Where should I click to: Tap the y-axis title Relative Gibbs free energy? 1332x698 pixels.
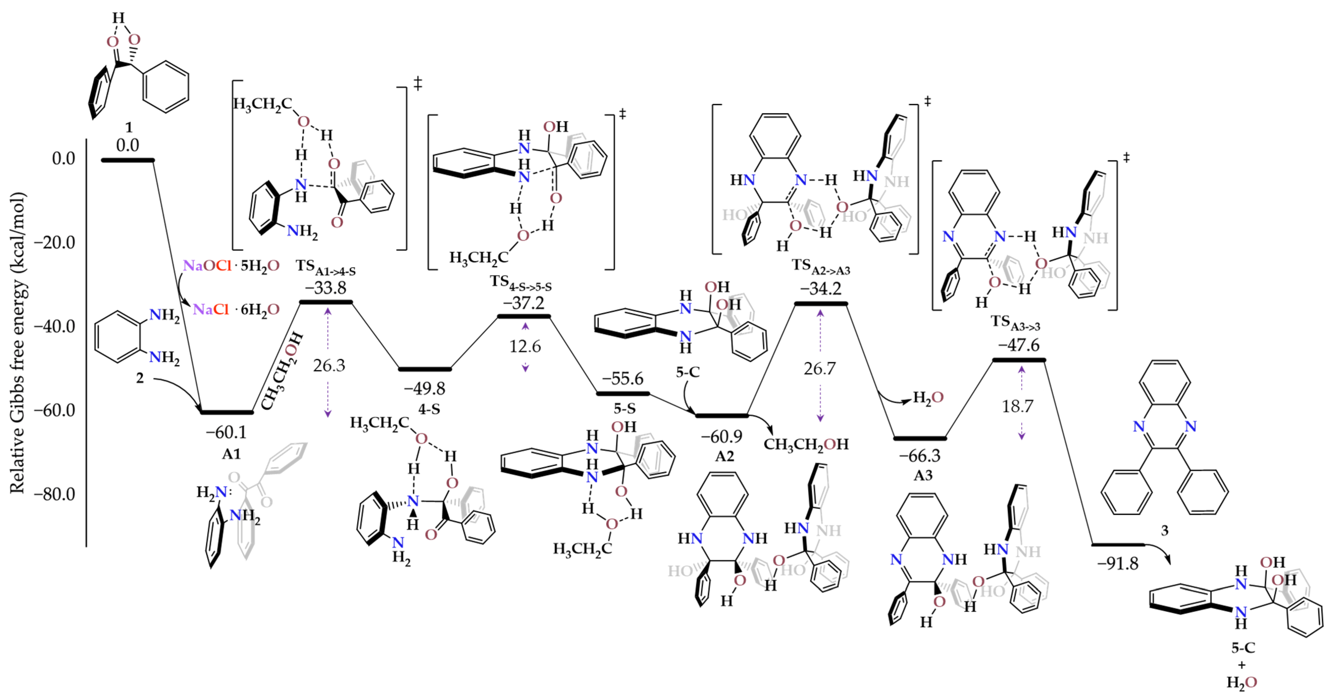point(17,342)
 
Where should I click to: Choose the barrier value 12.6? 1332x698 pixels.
point(525,346)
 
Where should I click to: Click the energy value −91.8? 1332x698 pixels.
point(1117,564)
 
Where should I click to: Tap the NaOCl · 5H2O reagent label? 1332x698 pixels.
point(231,266)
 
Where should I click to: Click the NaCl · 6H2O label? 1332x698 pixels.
point(236,309)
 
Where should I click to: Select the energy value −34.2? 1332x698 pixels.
point(821,288)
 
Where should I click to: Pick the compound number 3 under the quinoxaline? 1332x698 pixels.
point(1164,530)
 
